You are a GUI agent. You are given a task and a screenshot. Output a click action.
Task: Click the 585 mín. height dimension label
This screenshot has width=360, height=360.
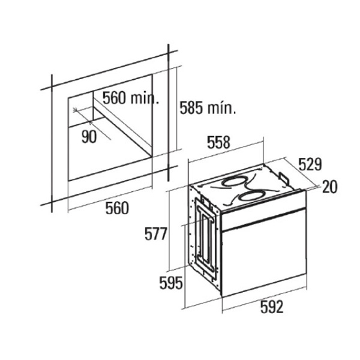(208, 107)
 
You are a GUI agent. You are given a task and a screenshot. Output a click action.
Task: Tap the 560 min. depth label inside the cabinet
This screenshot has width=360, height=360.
(131, 98)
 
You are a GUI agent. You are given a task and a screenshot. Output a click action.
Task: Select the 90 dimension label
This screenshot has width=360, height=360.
(89, 137)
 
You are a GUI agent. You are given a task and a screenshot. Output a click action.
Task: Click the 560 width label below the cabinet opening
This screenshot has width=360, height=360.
(117, 208)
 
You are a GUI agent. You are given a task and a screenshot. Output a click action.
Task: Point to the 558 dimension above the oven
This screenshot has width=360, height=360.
(218, 142)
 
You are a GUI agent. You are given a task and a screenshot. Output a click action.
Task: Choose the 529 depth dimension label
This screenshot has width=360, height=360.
(310, 164)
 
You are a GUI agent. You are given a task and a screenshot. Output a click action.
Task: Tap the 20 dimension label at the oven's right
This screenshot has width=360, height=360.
(329, 187)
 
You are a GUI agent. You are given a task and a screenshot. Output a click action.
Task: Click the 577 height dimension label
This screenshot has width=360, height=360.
(155, 234)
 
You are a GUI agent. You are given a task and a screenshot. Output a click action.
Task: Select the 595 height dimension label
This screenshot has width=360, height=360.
(171, 283)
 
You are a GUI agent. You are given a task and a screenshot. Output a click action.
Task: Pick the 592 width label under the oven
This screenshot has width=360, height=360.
(272, 307)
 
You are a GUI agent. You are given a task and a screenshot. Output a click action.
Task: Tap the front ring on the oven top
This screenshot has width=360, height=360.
(250, 197)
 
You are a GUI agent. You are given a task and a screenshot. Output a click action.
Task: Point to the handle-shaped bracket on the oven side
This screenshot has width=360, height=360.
(205, 237)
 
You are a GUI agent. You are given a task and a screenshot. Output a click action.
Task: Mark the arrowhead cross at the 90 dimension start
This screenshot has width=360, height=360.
(75, 110)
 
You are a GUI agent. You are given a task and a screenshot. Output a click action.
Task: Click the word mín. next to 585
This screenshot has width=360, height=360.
(222, 109)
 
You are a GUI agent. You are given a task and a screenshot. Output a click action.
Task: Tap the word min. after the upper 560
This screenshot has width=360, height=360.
(145, 99)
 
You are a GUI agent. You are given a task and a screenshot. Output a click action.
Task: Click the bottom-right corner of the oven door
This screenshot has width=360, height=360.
(307, 274)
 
